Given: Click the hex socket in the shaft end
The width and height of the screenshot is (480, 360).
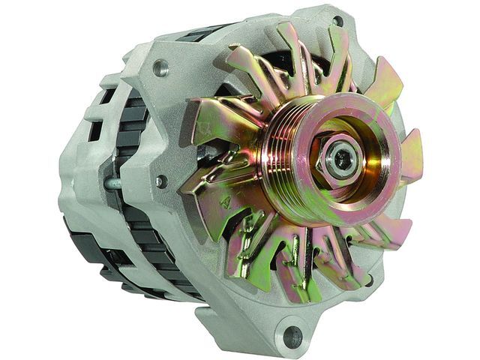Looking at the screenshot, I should point(343,157).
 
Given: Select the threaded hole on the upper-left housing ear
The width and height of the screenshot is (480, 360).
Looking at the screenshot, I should point(159,70).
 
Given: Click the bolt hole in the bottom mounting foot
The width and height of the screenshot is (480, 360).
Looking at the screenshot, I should point(292,337).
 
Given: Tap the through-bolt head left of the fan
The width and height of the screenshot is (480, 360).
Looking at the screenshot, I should point(160,181).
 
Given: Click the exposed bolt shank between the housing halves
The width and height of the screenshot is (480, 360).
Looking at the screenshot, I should point(112,182).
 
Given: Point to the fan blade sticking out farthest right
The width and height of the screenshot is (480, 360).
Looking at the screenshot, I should point(412,157).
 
